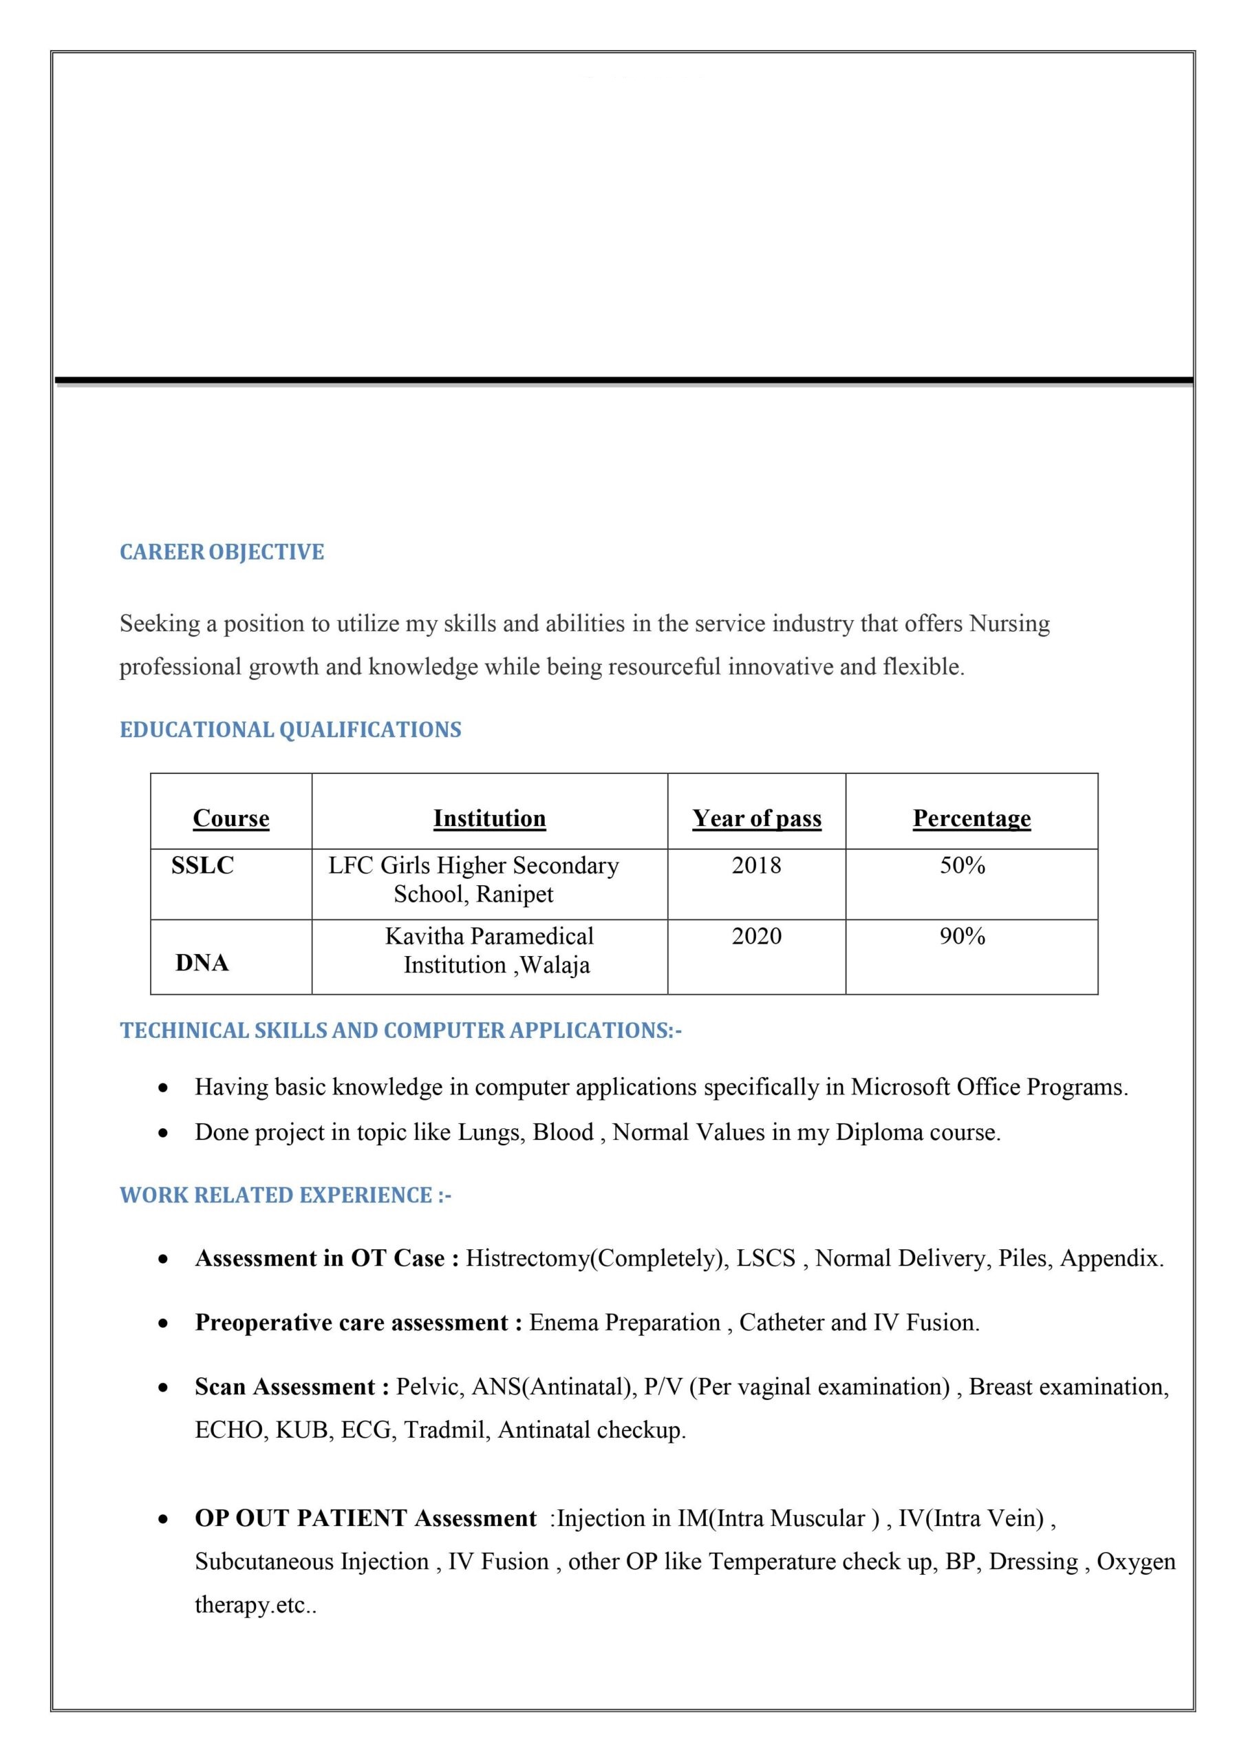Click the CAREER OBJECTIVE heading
(x=222, y=553)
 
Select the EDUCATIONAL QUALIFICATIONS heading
(x=290, y=730)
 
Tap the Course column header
(x=231, y=818)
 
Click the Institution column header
(x=489, y=818)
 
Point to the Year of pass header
(x=757, y=818)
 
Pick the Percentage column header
(x=971, y=818)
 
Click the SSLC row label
(x=202, y=866)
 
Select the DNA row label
(x=202, y=963)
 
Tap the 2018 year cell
(x=757, y=866)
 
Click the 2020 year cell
(x=757, y=936)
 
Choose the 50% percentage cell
(x=962, y=866)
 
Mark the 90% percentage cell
(x=962, y=936)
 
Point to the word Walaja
(x=555, y=966)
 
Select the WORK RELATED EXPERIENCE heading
(x=286, y=1196)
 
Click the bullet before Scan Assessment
(x=162, y=1388)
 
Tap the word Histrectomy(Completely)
(x=598, y=1259)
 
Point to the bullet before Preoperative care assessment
(x=162, y=1324)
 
